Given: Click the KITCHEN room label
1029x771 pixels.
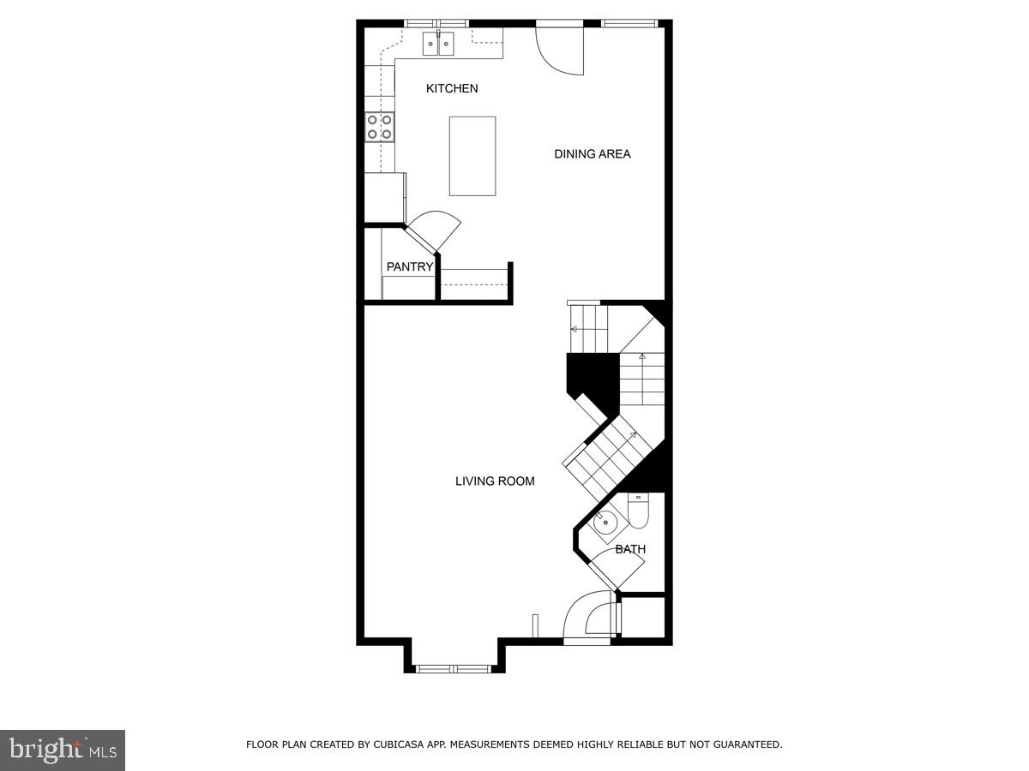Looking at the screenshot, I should point(452,88).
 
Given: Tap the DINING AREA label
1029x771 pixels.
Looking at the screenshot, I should point(592,154).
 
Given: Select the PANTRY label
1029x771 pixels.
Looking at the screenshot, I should point(410,267).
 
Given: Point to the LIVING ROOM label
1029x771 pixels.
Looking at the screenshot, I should point(495,481).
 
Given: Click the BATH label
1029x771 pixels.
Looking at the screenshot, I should point(630,549).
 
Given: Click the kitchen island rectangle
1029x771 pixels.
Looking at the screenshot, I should point(472,156).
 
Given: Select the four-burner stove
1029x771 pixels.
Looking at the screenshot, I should point(380,127).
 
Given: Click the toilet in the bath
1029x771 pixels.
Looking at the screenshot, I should point(639,511).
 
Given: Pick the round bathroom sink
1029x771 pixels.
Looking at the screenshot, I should point(605,520).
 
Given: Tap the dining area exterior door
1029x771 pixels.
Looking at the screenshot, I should point(561,50).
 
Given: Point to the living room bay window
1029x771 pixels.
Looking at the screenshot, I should point(453,666).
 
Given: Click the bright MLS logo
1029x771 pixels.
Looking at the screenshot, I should point(63,750).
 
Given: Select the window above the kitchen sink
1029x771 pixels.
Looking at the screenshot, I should point(437,22).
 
